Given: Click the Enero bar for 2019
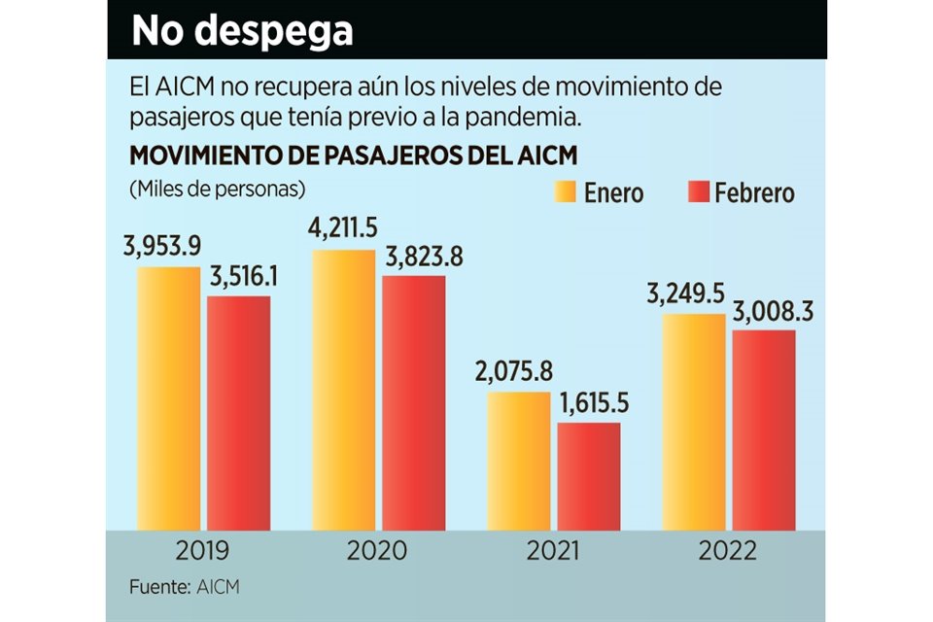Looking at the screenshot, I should pos(168,398).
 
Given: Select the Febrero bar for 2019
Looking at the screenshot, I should pos(238,413).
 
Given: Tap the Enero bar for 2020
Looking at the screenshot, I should pos(343,390).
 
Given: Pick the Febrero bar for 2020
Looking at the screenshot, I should pos(414,403).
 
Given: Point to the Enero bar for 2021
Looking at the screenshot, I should pos(519,462).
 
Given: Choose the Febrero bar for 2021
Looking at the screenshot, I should pos(589,476).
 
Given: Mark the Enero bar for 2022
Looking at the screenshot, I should pos(694,422).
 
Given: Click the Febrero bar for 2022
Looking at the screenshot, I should pos(764,431).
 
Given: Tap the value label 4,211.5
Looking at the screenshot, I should pos(342,232).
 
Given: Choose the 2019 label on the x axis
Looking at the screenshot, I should pos(203,551).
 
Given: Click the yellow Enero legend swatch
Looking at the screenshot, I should pos(565,191).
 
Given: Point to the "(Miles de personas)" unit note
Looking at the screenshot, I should pos(216,187).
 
